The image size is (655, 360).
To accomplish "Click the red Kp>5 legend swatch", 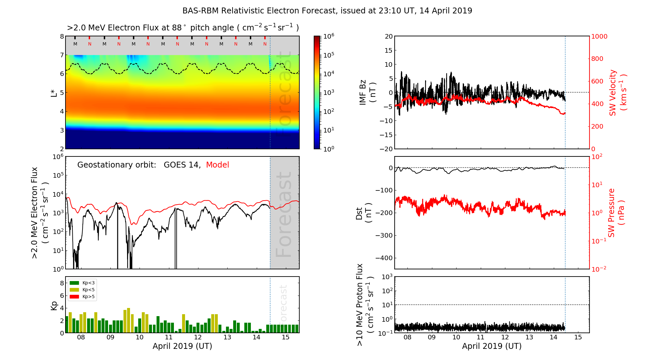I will pyautogui.click(x=74, y=297).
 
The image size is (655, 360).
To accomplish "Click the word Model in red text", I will pyautogui.click(x=217, y=165).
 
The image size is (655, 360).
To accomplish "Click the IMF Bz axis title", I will pyautogui.click(x=367, y=93).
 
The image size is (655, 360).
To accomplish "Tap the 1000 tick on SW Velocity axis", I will pyautogui.click(x=599, y=36).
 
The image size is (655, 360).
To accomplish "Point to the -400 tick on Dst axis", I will pyautogui.click(x=384, y=258).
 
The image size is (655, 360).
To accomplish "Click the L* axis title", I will pyautogui.click(x=54, y=93).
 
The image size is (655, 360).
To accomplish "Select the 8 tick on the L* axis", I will pyautogui.click(x=62, y=36).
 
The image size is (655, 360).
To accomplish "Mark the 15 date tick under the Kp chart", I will pyautogui.click(x=286, y=337).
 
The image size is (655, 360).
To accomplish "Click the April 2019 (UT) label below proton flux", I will pyautogui.click(x=492, y=346).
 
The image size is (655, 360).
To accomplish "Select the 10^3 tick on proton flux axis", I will pyautogui.click(x=387, y=277).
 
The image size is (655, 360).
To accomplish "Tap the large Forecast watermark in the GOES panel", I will pyautogui.click(x=284, y=214).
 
